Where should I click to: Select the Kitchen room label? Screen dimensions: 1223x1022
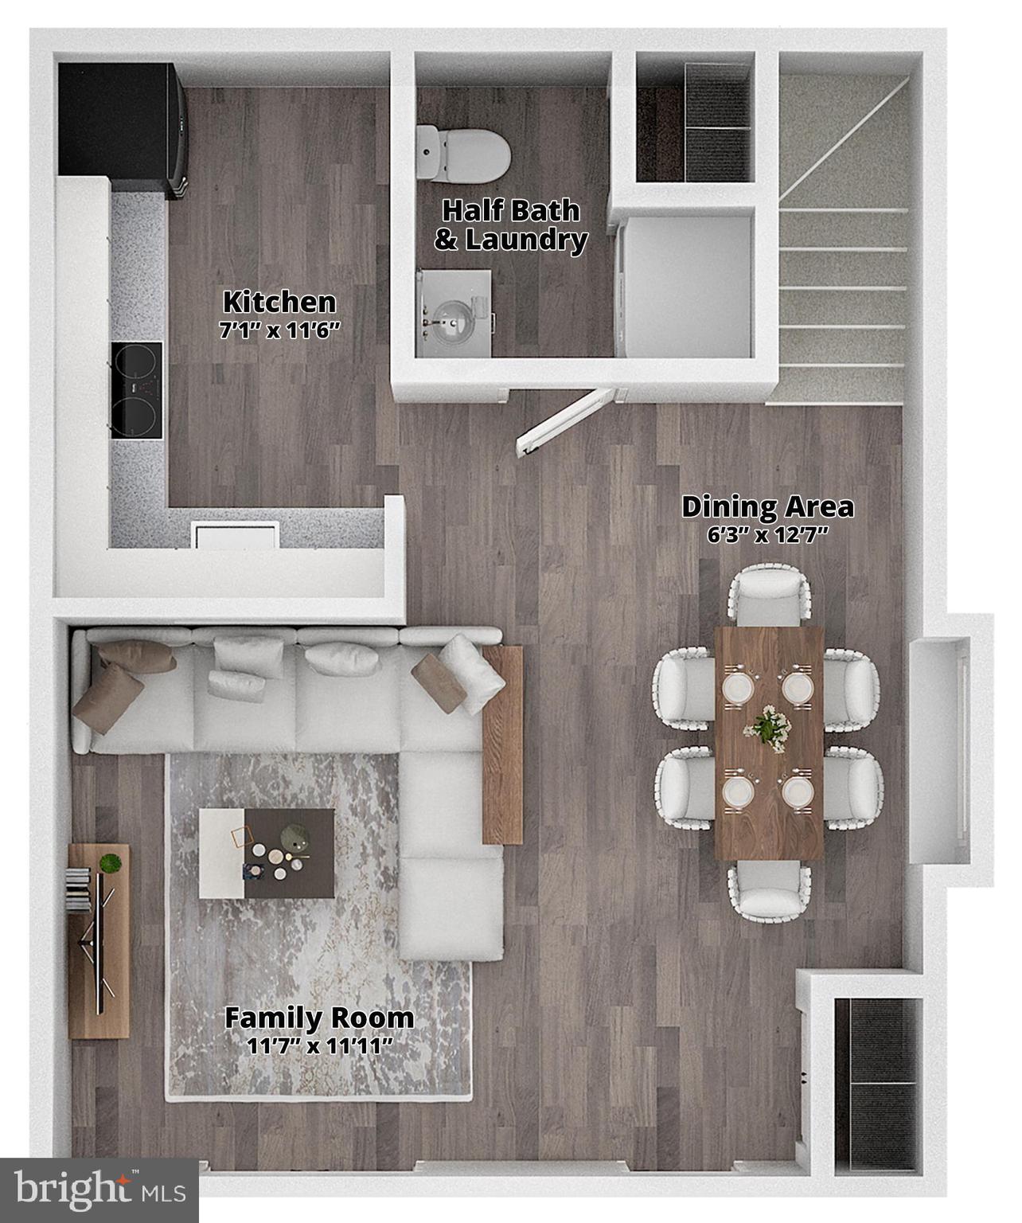point(279,303)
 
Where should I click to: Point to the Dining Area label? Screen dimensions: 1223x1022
point(767,506)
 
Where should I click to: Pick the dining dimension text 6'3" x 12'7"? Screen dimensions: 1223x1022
point(768,534)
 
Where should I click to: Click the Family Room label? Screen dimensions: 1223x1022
point(318,1018)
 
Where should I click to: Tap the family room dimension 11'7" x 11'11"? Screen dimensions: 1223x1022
point(319,1045)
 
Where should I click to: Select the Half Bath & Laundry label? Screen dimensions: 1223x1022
point(510,225)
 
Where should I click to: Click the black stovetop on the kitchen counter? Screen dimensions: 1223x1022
point(137,390)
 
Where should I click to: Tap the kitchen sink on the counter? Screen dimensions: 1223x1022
point(236,534)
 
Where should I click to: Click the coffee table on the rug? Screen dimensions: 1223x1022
point(267,854)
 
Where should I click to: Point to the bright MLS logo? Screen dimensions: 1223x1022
point(99,1191)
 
